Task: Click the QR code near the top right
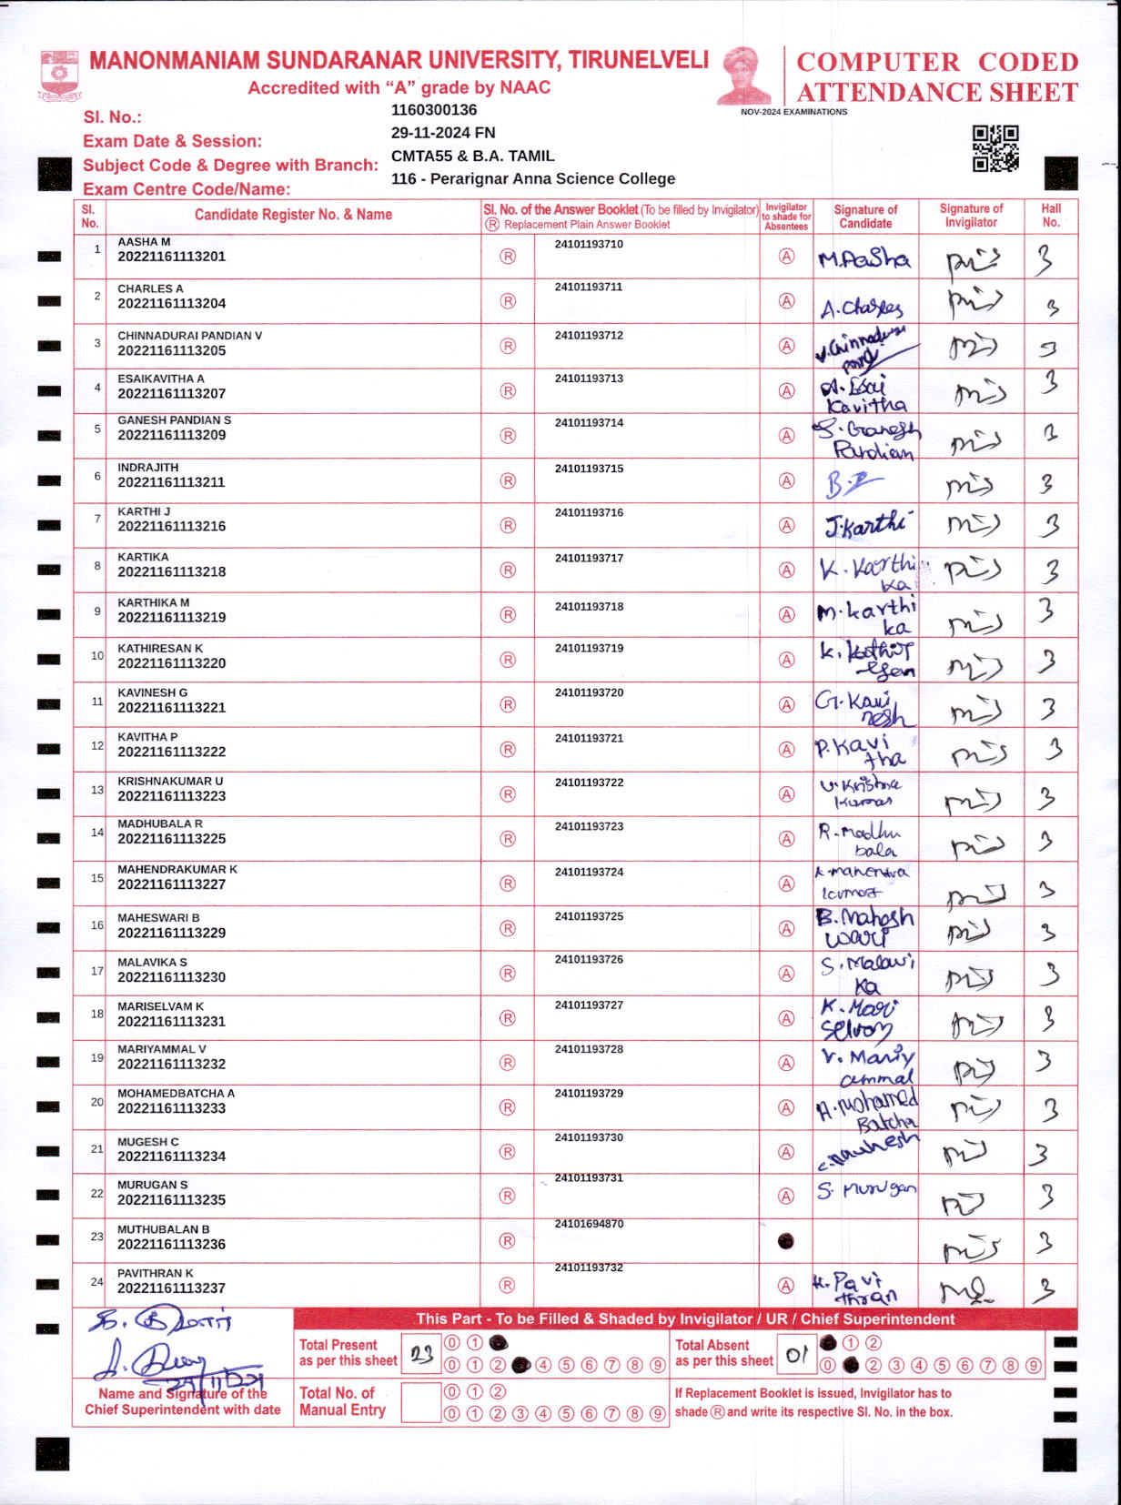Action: tap(995, 148)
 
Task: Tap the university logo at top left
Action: tap(60, 76)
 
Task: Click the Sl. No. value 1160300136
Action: tap(434, 110)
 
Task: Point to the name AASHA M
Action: tap(144, 242)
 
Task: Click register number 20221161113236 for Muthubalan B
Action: tap(171, 1244)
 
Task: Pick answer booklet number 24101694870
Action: tap(589, 1224)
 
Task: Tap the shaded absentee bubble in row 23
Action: tap(786, 1241)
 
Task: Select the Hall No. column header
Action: tap(1051, 215)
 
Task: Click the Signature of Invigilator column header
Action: tap(971, 215)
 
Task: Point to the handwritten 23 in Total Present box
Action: tap(421, 1355)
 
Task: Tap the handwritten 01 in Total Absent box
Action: tap(797, 1355)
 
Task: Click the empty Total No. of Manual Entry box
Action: tap(420, 1402)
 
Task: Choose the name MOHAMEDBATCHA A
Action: tap(176, 1093)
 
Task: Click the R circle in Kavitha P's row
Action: tap(508, 749)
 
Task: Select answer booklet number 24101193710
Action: tap(589, 244)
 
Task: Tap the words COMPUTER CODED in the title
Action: tap(937, 62)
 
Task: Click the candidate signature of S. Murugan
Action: tap(865, 1190)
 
